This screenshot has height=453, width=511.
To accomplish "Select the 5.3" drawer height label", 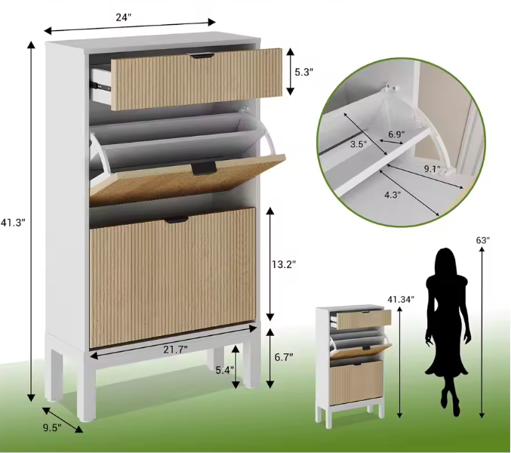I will pyautogui.click(x=304, y=72).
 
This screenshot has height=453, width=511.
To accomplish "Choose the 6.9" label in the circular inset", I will pyautogui.click(x=396, y=134).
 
